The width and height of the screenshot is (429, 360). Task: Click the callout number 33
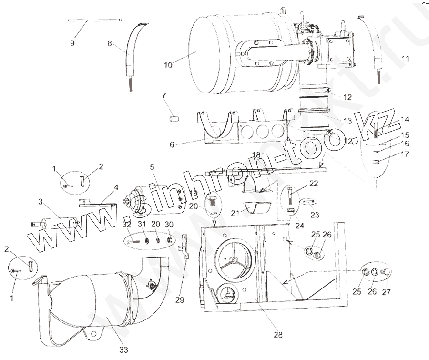[x=123, y=350]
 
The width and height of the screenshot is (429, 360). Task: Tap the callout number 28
[x=278, y=335]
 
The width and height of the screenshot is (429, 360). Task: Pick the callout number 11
[x=406, y=59]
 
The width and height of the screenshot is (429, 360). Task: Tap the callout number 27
[x=387, y=292]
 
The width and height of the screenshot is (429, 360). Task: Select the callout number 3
[x=41, y=202]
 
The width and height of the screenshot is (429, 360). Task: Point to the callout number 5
[x=152, y=167]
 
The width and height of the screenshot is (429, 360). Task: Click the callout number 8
[x=110, y=44]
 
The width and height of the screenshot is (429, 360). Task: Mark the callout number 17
[x=405, y=154]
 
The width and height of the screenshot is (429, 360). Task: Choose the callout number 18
[x=256, y=155]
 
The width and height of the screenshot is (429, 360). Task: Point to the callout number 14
[x=405, y=119]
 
